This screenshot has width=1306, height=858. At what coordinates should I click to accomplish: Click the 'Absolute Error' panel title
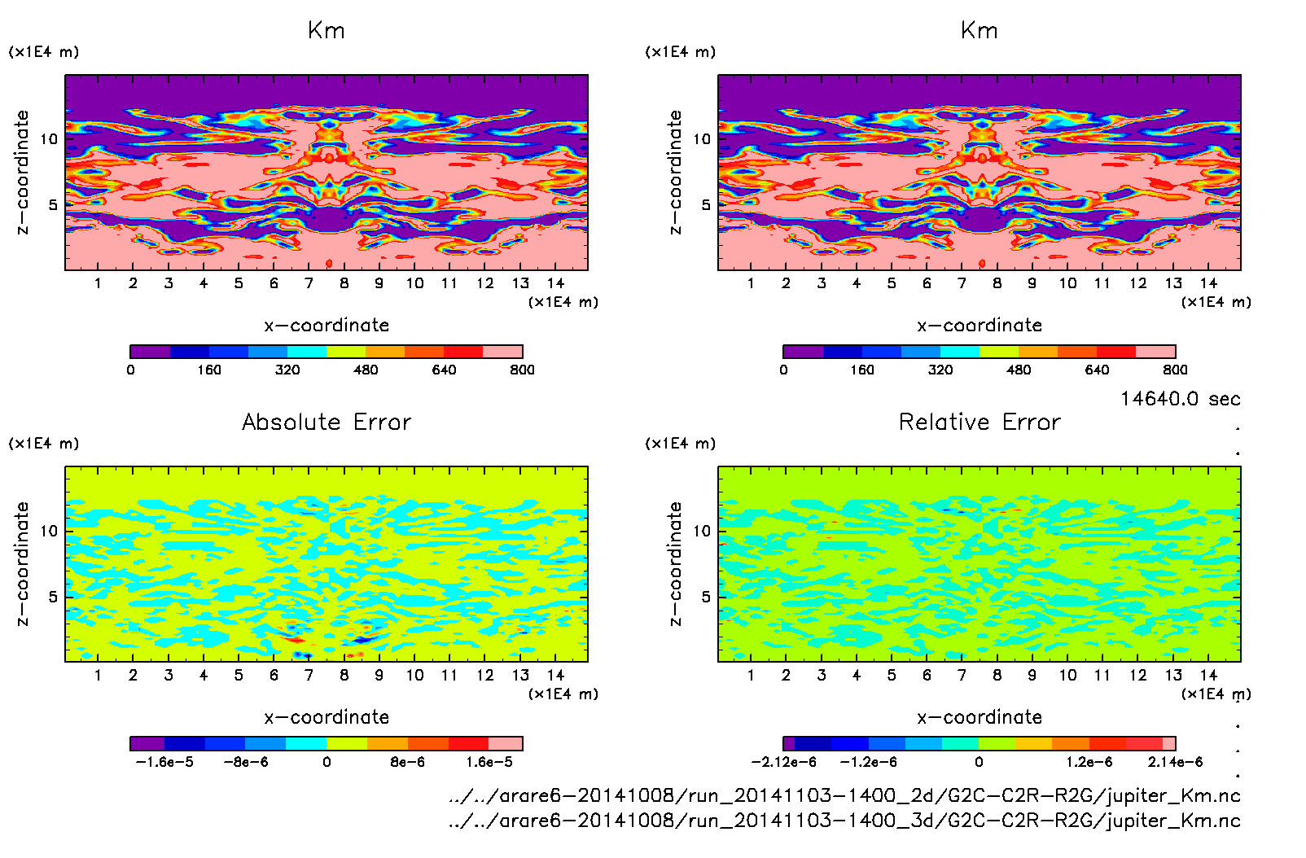point(326,422)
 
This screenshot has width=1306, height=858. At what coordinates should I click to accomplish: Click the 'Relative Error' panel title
point(979,422)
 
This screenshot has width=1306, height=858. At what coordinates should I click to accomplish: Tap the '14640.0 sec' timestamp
point(1180,399)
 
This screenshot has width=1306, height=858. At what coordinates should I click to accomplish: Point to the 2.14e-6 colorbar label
point(1175,762)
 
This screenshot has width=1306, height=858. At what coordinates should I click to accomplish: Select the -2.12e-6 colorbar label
point(783,762)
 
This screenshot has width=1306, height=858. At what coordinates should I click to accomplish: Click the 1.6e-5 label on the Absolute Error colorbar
point(489,762)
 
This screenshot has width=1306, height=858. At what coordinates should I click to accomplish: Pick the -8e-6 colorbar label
point(246,762)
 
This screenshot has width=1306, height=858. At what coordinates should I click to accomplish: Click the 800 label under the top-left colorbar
point(522,370)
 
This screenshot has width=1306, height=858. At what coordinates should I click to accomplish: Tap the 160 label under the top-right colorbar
point(861,370)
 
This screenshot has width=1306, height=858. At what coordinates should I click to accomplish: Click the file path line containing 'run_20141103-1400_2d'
point(844,795)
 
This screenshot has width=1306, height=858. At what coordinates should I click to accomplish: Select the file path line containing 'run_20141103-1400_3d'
point(844,821)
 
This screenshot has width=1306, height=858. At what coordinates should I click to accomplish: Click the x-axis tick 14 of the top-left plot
point(555,283)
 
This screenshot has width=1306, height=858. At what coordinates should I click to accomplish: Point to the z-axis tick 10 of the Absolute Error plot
point(49,531)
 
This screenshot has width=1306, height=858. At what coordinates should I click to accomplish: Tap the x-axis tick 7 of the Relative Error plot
point(962,675)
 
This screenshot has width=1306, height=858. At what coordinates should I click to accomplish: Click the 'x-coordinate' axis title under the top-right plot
point(979,326)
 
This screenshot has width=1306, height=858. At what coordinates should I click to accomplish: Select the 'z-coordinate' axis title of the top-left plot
point(22,173)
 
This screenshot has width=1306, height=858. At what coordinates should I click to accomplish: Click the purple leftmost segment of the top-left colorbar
point(150,352)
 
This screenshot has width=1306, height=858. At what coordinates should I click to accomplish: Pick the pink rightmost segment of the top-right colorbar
point(1155,352)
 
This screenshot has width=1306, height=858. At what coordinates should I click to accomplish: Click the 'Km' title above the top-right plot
point(979,31)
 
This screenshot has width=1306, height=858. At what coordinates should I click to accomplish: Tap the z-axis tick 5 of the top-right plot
point(706,205)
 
